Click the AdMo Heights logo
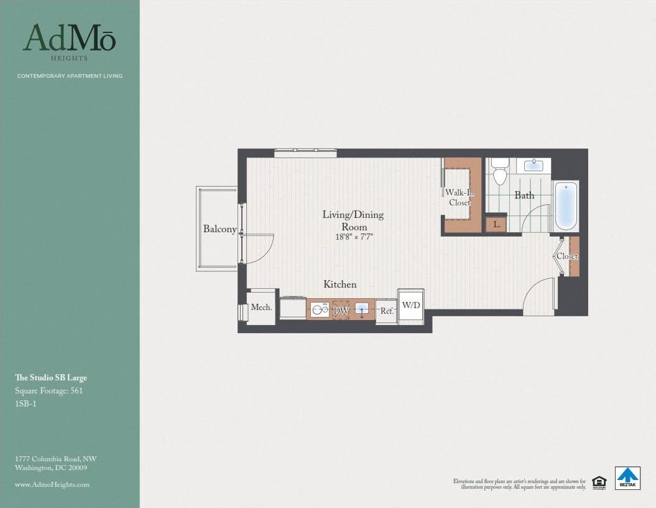tap(69, 41)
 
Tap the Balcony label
tap(219, 229)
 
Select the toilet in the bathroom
tap(500, 172)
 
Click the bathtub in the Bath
tap(565, 206)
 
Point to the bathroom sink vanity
tap(534, 166)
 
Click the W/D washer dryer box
tap(411, 305)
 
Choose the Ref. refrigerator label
tap(386, 311)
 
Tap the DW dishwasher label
tap(341, 310)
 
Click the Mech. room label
tap(261, 308)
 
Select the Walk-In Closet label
tap(460, 197)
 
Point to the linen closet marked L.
tap(496, 224)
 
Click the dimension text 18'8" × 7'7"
tap(353, 237)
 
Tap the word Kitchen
tap(340, 285)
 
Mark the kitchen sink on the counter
tap(363, 309)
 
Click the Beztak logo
tap(627, 477)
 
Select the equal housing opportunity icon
tap(599, 482)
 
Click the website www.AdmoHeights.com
tap(52, 484)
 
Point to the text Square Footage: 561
tap(49, 391)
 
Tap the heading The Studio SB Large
tap(51, 378)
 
